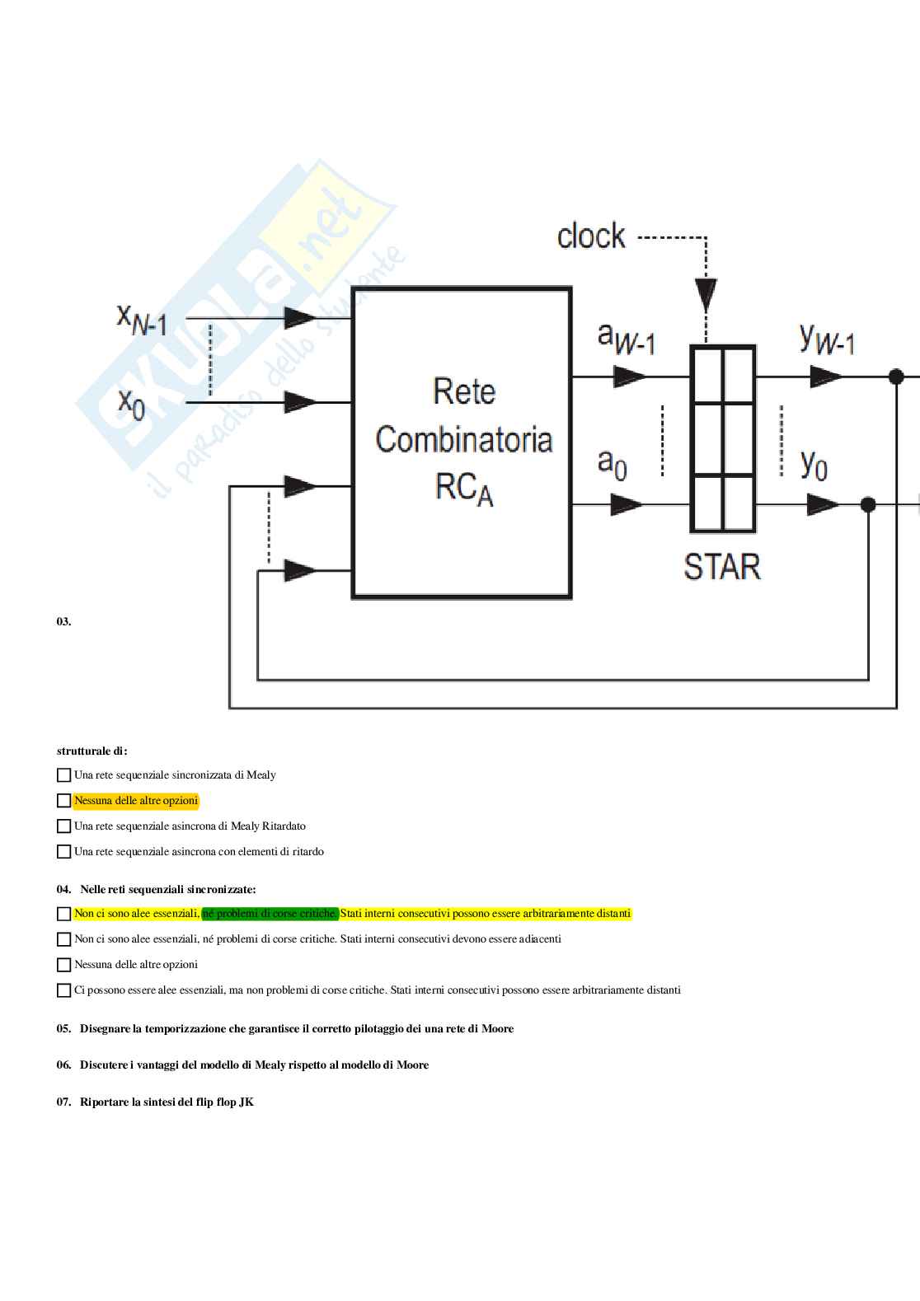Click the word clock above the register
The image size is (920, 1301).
[x=591, y=236]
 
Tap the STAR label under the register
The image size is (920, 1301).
[x=722, y=567]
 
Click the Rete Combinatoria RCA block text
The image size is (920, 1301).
[x=463, y=439]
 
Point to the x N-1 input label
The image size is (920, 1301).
[x=142, y=319]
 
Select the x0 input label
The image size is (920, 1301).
[x=131, y=403]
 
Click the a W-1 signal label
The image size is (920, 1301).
[x=626, y=339]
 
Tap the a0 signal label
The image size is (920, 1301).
[x=612, y=463]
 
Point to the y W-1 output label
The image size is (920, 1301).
[x=827, y=339]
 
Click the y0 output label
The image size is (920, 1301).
[x=814, y=465]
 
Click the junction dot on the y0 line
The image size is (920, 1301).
[x=868, y=504]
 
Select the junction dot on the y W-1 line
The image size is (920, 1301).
[x=896, y=377]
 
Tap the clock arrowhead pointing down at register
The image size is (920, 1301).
[x=706, y=294]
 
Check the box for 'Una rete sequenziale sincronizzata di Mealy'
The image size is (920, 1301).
[x=63, y=775]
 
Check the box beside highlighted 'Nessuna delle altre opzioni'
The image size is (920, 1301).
[x=63, y=801]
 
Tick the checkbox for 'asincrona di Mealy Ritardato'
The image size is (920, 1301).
[x=63, y=826]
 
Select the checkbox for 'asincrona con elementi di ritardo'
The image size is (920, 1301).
[x=63, y=852]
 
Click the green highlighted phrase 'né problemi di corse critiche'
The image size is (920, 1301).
[x=270, y=914]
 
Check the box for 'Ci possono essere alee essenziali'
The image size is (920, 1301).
[x=63, y=990]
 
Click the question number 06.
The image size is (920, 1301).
[x=63, y=1065]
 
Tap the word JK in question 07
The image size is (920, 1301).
[x=246, y=1102]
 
